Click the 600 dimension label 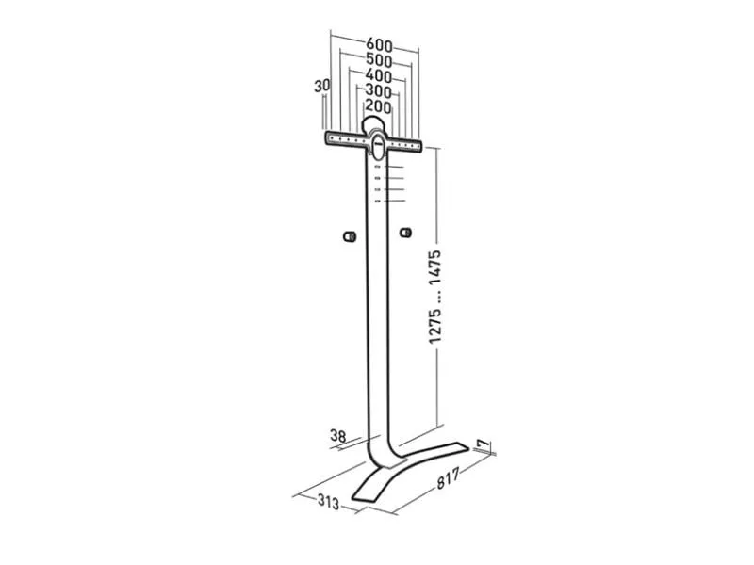click(380, 45)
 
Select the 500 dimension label click(379, 60)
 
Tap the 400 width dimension click(379, 75)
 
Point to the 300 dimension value click(378, 90)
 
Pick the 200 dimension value click(378, 106)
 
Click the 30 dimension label click(322, 86)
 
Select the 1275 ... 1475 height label click(435, 297)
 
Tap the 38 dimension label click(338, 436)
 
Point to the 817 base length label click(449, 477)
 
